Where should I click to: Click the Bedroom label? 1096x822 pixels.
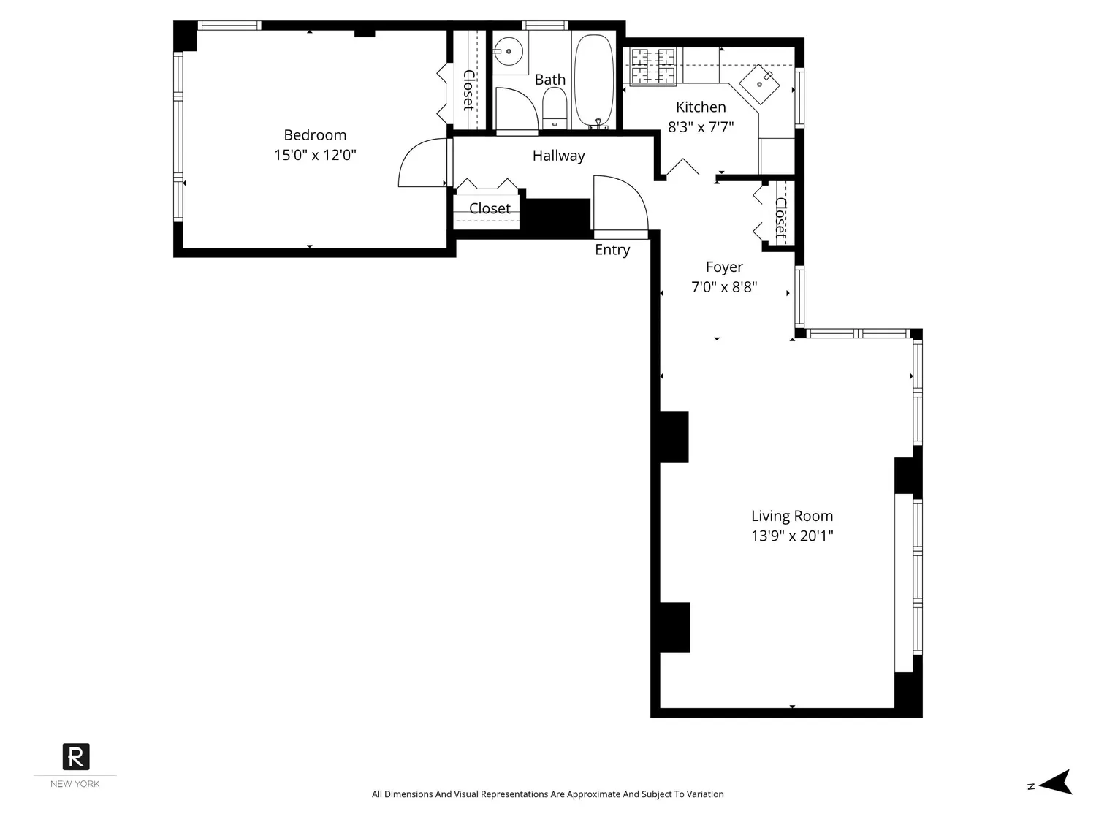click(x=315, y=134)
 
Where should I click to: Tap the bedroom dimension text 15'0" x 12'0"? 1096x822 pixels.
click(x=315, y=155)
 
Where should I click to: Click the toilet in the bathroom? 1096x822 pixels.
click(x=555, y=108)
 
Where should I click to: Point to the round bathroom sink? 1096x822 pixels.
click(x=509, y=51)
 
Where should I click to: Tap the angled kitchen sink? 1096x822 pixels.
click(x=759, y=84)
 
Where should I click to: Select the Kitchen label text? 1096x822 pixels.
click(x=701, y=107)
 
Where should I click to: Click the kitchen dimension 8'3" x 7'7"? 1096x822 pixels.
click(x=701, y=126)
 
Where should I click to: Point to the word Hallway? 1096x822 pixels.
click(x=558, y=156)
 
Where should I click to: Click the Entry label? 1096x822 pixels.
click(x=612, y=250)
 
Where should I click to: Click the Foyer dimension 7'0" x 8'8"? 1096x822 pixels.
click(x=724, y=287)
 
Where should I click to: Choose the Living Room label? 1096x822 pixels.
click(x=792, y=516)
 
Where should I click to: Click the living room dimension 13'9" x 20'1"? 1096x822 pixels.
click(x=792, y=536)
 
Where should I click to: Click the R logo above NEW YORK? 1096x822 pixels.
click(x=76, y=757)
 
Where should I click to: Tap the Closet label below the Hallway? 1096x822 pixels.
click(x=490, y=208)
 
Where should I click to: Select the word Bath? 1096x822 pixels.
click(x=549, y=80)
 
